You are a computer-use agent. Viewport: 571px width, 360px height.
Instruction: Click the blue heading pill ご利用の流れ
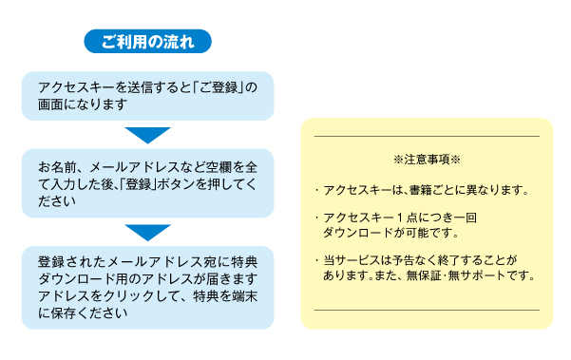tap(147, 42)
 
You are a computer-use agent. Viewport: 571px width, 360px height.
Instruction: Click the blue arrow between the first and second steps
tap(147, 134)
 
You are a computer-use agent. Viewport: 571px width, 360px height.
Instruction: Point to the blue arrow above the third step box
tap(147, 231)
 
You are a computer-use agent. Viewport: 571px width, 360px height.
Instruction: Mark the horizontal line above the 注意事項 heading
tap(427, 137)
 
